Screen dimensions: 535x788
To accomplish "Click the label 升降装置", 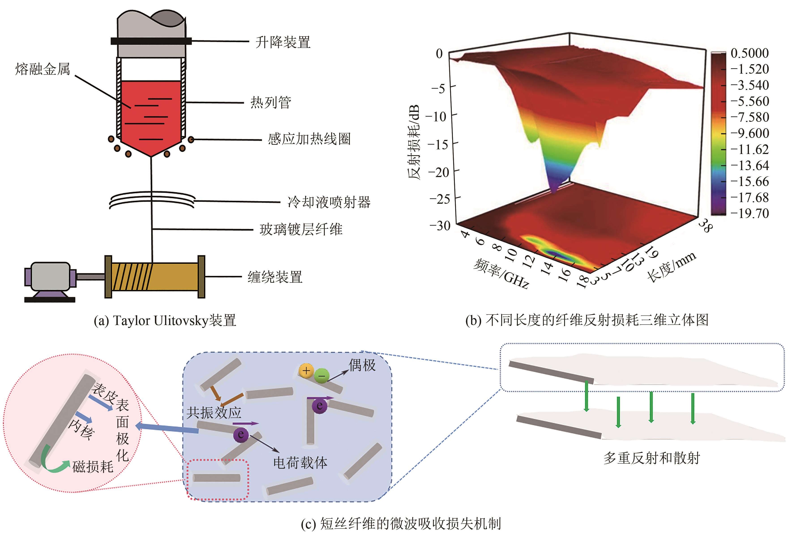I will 283,42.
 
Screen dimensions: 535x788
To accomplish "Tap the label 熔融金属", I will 42,69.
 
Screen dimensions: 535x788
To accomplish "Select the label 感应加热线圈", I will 309,139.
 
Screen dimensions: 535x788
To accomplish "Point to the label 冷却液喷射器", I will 329,202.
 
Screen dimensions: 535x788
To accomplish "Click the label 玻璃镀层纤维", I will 301,229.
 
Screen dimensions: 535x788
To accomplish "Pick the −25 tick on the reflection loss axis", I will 439,198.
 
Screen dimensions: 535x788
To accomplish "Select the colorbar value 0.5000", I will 749,53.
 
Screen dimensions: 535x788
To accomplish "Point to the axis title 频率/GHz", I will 501,274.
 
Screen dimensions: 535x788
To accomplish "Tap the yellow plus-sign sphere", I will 306,370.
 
